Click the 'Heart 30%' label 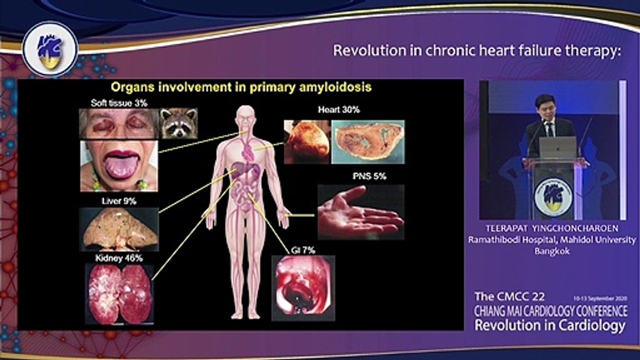click(x=339, y=109)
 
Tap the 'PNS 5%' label click(x=369, y=176)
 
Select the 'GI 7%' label click(x=303, y=250)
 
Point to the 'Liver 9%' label click(x=119, y=201)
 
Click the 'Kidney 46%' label click(x=119, y=258)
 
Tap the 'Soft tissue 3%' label click(x=119, y=103)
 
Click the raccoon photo click(x=179, y=123)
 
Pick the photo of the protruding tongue click(x=119, y=165)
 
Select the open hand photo click(x=361, y=212)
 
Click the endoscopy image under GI click(x=303, y=288)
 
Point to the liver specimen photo click(x=119, y=229)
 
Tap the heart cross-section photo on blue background click(x=368, y=141)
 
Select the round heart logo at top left click(x=50, y=49)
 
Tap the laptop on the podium click(x=558, y=147)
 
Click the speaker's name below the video click(x=552, y=228)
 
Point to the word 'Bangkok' click(x=552, y=251)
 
